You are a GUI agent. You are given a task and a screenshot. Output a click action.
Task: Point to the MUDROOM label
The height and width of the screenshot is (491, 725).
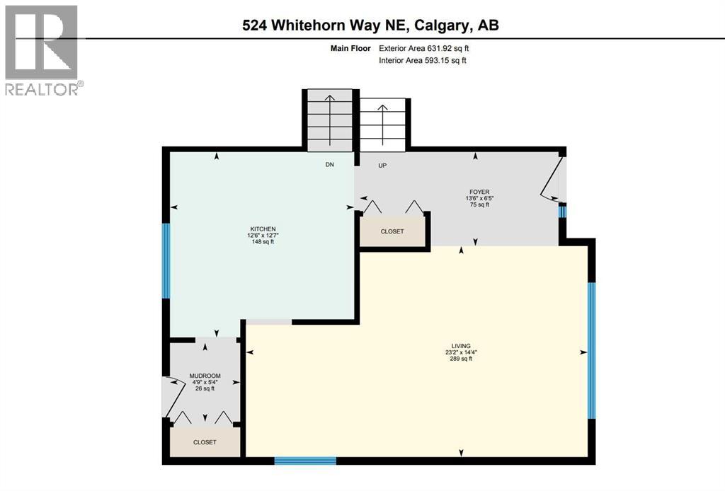205,376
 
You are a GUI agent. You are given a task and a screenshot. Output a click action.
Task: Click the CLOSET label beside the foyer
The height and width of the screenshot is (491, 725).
392,231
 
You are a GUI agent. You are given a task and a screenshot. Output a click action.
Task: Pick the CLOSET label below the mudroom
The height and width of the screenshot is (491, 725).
205,442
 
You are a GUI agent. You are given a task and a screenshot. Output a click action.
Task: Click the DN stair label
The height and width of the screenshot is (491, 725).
329,165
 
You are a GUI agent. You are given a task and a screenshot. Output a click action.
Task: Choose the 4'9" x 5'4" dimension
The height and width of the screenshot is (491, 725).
205,383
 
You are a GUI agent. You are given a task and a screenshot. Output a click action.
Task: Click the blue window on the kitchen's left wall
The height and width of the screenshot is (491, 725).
166,260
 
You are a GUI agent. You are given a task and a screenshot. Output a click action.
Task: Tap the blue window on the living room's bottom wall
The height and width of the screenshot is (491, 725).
304,461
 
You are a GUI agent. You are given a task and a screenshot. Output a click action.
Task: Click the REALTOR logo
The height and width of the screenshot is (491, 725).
42,50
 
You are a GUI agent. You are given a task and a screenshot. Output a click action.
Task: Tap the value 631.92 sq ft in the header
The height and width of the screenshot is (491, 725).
442,48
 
